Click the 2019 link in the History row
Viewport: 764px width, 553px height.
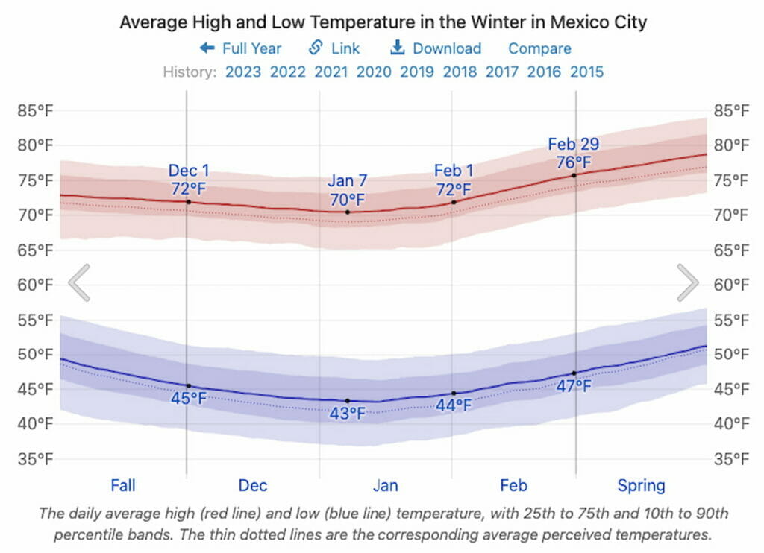417,72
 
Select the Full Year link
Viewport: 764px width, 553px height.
240,48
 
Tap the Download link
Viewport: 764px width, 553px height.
436,48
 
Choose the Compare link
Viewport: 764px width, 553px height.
539,48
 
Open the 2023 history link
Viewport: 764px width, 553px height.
243,72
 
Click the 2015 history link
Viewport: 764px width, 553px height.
586,72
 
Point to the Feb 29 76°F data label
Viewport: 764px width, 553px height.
574,153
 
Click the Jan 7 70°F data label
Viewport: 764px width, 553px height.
347,191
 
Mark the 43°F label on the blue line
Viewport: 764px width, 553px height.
348,413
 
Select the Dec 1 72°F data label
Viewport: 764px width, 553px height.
189,179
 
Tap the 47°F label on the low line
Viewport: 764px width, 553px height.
574,386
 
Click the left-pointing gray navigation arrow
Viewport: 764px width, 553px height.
79,282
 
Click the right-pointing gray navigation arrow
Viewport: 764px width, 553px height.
687,282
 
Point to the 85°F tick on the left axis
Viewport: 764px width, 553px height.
36,111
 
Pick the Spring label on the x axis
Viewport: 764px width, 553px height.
641,486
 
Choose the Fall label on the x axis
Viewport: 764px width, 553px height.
123,486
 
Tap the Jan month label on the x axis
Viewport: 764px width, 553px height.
385,486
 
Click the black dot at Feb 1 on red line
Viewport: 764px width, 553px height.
454,202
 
